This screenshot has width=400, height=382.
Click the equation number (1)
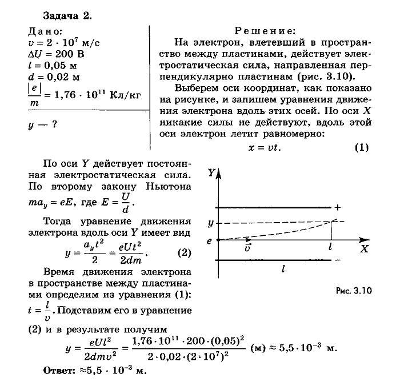point(362,147)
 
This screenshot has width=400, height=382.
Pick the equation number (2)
point(183,252)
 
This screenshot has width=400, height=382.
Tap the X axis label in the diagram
point(365,249)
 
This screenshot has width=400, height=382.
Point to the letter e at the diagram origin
point(210,240)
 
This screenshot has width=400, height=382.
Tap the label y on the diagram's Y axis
point(210,222)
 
